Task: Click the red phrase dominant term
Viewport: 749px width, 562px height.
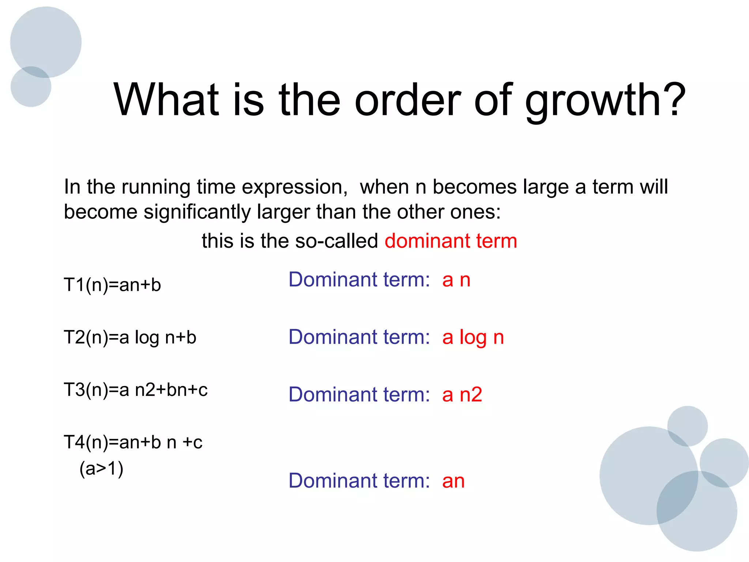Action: pyautogui.click(x=451, y=241)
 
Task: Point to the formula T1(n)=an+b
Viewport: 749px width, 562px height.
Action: pyautogui.click(x=112, y=285)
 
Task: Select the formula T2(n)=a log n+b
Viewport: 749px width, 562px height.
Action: pyautogui.click(x=130, y=337)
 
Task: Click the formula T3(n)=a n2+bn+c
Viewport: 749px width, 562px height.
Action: pyautogui.click(x=135, y=389)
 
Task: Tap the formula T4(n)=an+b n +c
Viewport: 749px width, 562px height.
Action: pyautogui.click(x=133, y=442)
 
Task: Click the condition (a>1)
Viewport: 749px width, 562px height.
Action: pyautogui.click(x=101, y=468)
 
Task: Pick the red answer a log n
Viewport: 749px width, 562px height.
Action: pyautogui.click(x=473, y=337)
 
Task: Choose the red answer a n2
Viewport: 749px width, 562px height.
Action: pyautogui.click(x=462, y=394)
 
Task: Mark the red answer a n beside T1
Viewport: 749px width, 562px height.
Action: pyautogui.click(x=456, y=280)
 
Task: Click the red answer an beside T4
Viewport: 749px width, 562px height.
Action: pyautogui.click(x=453, y=481)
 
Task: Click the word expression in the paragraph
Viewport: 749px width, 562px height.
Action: pyautogui.click(x=294, y=187)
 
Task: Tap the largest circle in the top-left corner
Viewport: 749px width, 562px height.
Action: pyautogui.click(x=46, y=40)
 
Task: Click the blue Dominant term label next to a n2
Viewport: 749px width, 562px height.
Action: pyautogui.click(x=359, y=394)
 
